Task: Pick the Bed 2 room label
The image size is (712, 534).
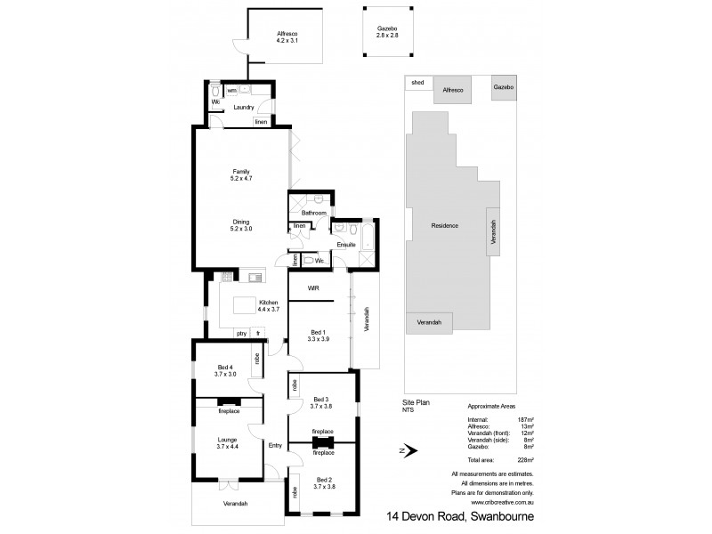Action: tap(321, 481)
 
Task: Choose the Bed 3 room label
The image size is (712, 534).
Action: tap(321, 400)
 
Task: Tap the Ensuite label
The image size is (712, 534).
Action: tap(346, 244)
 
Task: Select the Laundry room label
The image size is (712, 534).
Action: tap(244, 108)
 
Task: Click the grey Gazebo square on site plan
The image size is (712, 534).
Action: tap(504, 88)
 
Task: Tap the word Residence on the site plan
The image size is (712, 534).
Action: tap(444, 225)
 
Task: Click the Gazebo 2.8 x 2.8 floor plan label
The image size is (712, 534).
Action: tap(386, 33)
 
